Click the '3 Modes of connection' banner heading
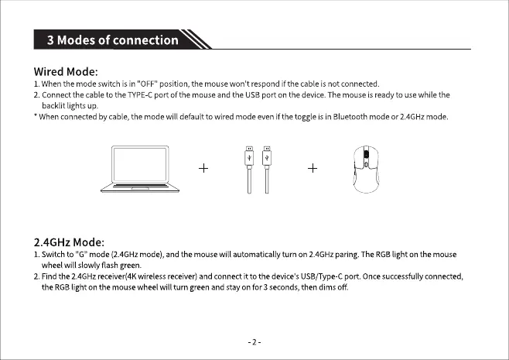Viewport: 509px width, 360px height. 113,40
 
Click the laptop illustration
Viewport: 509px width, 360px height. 145,168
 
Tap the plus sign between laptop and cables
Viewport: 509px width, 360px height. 204,168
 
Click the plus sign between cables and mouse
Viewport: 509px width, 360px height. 313,168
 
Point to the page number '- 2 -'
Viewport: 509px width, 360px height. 254,341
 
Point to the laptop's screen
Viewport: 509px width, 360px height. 145,163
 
